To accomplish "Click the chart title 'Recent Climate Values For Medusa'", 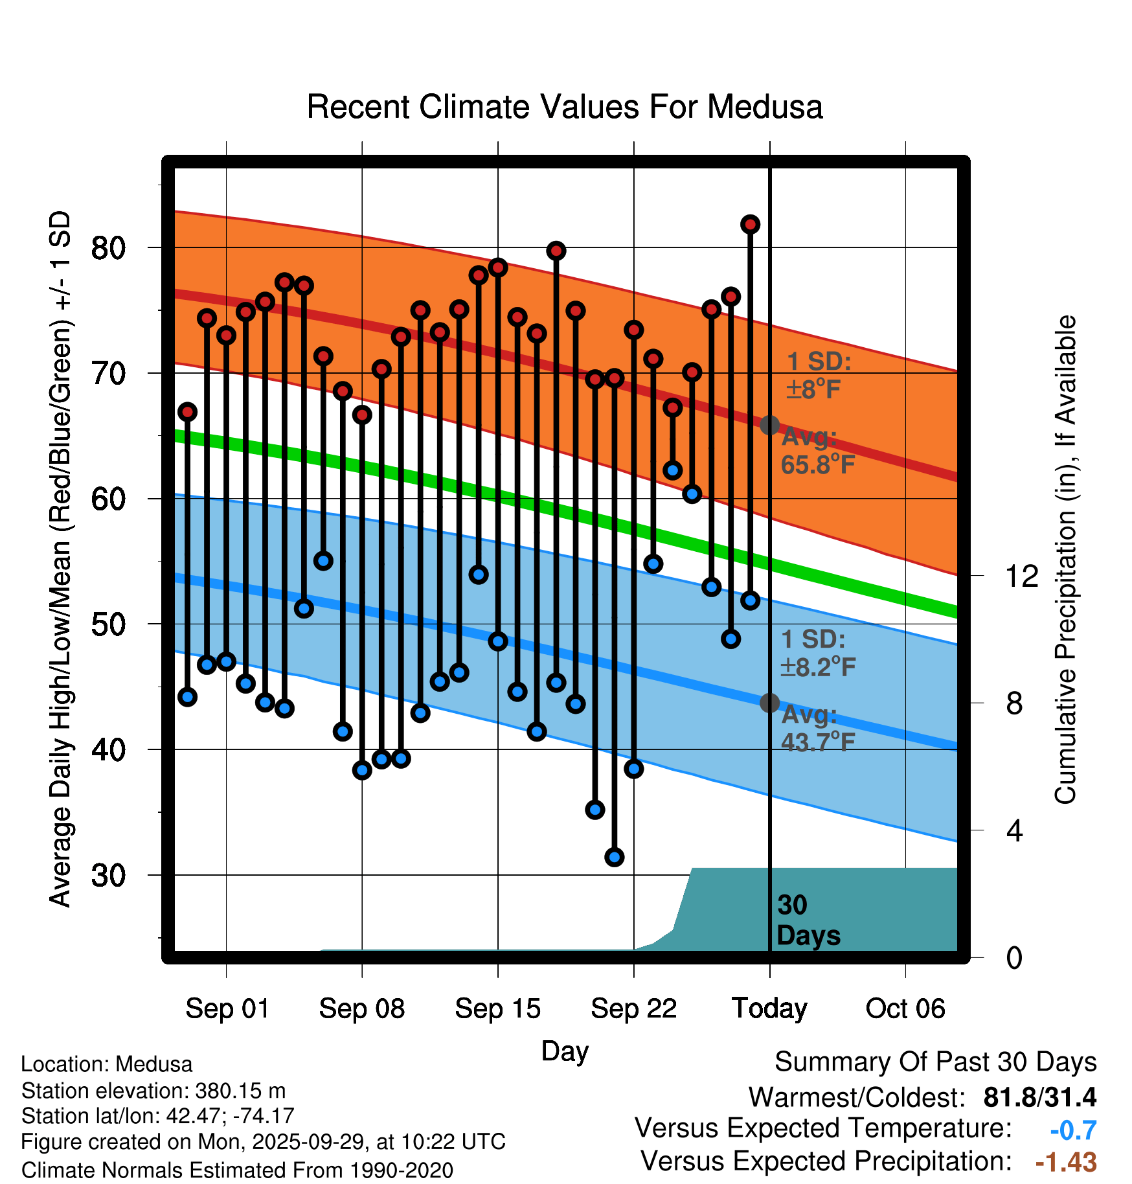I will pos(565,107).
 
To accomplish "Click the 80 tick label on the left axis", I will pos(108,247).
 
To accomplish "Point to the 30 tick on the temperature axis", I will pos(108,875).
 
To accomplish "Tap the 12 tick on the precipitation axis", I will pos(1021,576).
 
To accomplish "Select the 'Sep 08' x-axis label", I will pos(362,1008).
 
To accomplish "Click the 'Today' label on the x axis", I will pos(769,1008).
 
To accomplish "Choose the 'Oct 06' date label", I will pos(905,1008).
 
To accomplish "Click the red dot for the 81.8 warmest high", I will pos(750,224).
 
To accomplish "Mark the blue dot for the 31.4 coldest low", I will pos(614,857).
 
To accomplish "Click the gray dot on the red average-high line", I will pos(769,425).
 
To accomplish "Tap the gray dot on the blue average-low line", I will pos(769,703).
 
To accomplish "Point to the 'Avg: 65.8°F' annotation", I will pos(817,451).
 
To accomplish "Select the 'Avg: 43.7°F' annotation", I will pos(817,728).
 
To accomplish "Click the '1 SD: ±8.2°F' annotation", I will pos(817,653).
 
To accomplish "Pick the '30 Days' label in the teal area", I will pos(808,920).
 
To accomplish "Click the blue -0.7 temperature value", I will pos(1073,1130).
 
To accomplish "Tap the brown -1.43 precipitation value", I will pos(1066,1163).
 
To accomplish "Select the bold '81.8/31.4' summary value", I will pos(1039,1097).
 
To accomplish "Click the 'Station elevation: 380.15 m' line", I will pos(153,1091).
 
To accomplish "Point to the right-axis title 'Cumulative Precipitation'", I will pos(1065,560).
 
